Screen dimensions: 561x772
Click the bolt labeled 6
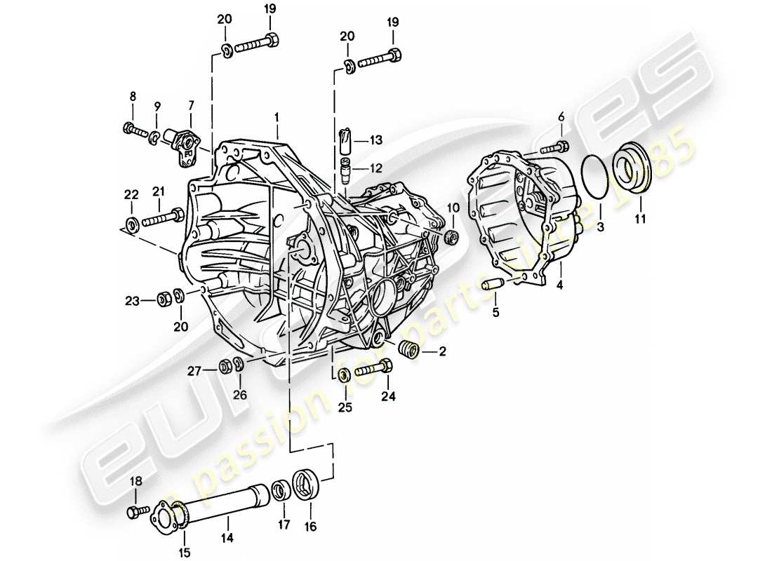(x=555, y=148)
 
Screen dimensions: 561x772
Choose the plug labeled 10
(x=451, y=236)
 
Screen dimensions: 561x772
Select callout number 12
(x=378, y=168)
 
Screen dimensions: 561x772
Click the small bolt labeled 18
(x=137, y=512)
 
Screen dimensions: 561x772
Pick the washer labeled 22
(x=131, y=226)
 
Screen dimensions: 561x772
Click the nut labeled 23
(x=161, y=299)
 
